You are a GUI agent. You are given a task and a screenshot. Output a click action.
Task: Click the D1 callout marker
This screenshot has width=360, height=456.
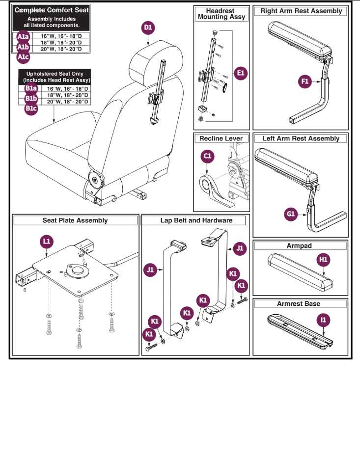click(x=148, y=28)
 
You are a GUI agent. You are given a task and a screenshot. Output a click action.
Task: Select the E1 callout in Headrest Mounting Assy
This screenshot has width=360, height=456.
click(x=240, y=74)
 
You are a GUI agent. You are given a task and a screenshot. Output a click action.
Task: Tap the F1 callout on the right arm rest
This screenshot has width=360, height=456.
click(x=305, y=82)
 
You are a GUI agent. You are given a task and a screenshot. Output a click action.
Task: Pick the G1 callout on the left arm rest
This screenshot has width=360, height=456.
click(x=291, y=214)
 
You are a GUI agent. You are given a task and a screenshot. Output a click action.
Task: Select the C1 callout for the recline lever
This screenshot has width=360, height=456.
click(x=207, y=157)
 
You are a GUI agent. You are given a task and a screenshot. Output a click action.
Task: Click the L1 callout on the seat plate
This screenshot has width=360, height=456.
click(x=46, y=241)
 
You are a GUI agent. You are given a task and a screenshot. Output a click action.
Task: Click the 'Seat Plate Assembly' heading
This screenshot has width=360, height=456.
click(x=75, y=220)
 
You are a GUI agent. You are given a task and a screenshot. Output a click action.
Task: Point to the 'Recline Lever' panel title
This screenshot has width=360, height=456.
click(x=221, y=138)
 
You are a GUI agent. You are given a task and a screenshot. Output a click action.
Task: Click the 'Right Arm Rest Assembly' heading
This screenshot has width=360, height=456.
click(x=301, y=11)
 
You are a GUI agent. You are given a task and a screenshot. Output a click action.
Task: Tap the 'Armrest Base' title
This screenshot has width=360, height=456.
click(x=298, y=304)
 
